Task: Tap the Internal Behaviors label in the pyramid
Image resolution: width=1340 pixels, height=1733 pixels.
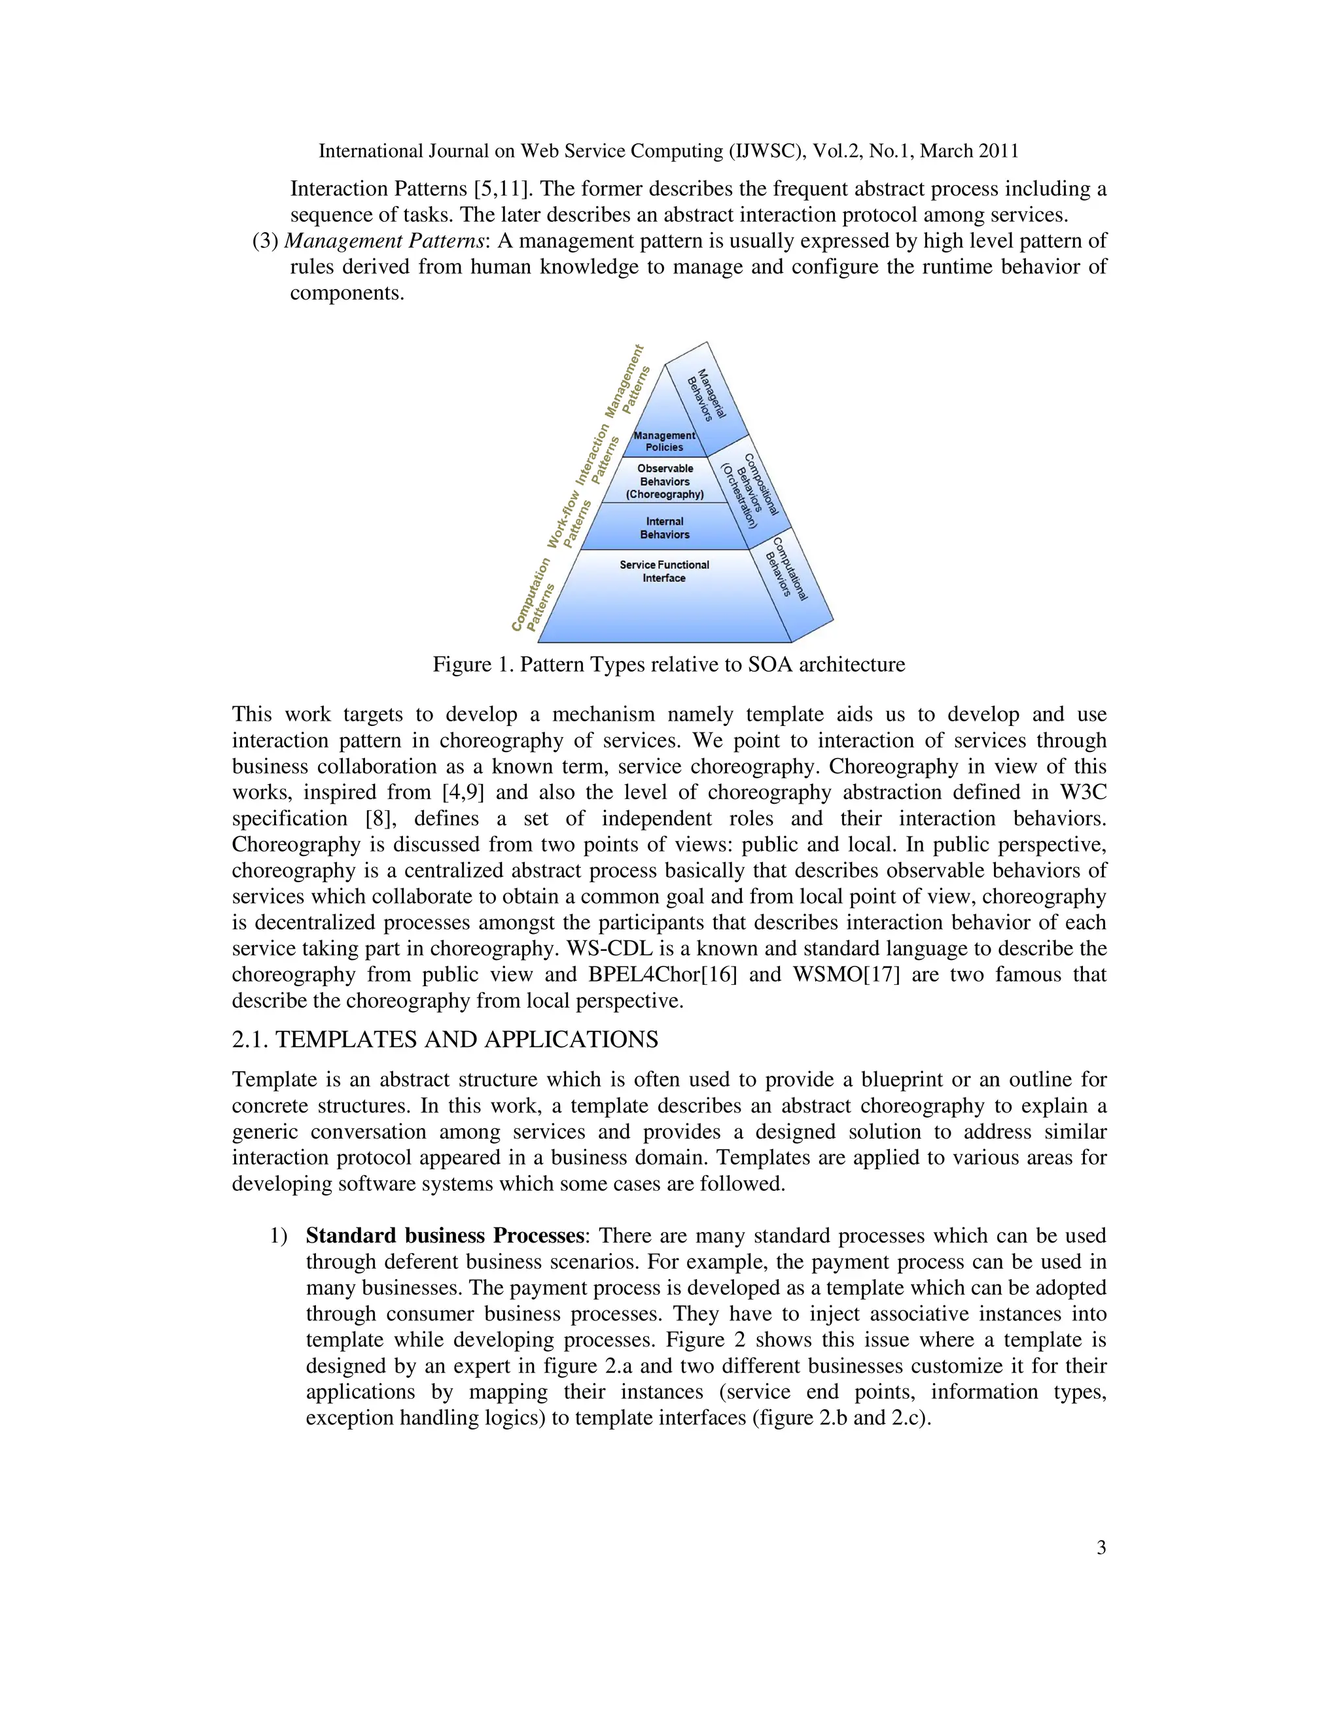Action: click(x=665, y=528)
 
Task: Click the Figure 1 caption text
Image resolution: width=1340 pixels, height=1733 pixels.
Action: click(x=669, y=664)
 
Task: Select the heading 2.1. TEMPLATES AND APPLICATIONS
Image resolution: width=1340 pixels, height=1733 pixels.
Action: click(x=444, y=1040)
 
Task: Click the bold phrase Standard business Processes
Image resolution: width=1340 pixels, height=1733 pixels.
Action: click(x=444, y=1235)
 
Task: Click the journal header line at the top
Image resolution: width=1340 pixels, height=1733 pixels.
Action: click(x=669, y=151)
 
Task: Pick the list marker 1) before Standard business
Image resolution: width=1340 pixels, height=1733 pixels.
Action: click(x=278, y=1235)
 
